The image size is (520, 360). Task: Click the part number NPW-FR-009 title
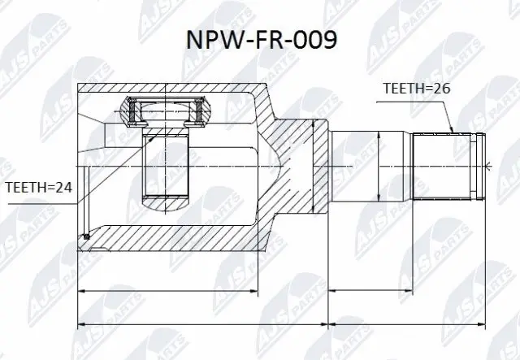tap(259, 40)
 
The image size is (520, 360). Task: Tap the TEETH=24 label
tap(38, 188)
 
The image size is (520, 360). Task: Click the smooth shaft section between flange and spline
tap(370, 165)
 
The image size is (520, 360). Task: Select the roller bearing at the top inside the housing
tap(167, 112)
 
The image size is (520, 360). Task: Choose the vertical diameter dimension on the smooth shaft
tap(379, 165)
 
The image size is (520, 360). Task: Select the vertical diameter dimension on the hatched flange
tap(314, 165)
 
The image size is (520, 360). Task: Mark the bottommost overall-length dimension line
tap(280, 325)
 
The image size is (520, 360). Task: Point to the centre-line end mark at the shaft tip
tap(492, 165)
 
